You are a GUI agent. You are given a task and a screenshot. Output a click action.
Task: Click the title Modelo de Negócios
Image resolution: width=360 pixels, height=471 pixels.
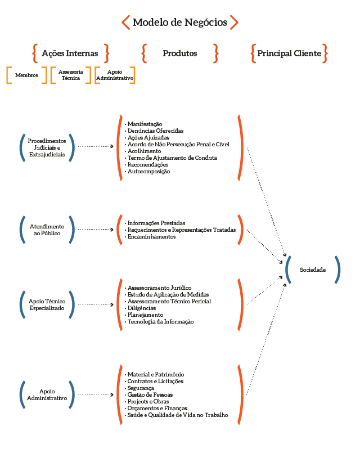pos(180,23)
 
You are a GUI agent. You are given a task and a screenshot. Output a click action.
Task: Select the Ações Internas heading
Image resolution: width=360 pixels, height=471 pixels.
pos(70,53)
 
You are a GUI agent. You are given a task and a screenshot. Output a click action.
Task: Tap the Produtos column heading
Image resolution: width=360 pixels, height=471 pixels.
pos(180,53)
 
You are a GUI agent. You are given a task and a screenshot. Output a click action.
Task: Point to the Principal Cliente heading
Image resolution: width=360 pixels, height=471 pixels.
pos(289,53)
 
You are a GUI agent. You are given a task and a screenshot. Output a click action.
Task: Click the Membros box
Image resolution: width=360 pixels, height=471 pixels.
pos(26,75)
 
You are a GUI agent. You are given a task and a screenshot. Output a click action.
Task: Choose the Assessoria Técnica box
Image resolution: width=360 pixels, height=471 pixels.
pos(71,75)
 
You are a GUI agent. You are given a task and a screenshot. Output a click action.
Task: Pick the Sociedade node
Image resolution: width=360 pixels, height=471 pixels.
pos(313,270)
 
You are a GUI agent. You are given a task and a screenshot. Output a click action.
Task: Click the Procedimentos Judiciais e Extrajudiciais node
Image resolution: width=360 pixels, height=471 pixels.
pos(47,147)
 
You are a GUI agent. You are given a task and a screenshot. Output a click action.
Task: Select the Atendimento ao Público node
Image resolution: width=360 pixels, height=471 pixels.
pos(47,230)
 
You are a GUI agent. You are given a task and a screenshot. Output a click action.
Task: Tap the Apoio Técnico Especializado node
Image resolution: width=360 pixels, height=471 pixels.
pos(47,305)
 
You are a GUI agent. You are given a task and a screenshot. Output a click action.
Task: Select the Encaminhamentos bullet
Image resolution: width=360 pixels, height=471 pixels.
pos(151,237)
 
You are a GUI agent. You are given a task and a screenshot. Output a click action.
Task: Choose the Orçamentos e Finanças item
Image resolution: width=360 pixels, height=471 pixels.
pos(157,409)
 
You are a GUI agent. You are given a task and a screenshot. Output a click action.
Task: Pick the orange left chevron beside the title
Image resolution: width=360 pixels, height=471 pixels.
pos(126,23)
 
